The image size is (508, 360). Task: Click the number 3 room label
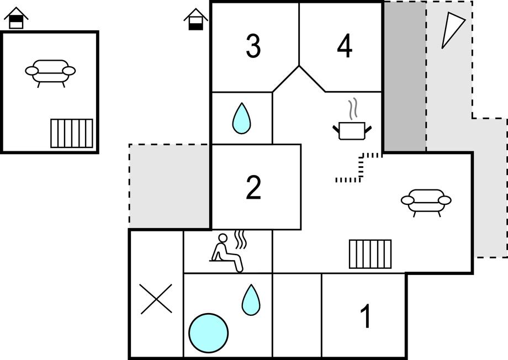point(253,46)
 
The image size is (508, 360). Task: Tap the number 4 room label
point(344,46)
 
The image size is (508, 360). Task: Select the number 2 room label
point(253,188)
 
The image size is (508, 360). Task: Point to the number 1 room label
point(365,317)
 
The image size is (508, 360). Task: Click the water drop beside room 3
point(240,119)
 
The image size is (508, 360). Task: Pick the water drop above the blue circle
point(250,300)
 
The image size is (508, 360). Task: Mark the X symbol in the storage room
point(156,299)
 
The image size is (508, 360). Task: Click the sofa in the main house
point(426,200)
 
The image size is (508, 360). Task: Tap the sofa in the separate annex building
point(50,71)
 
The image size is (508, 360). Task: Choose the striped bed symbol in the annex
point(72,133)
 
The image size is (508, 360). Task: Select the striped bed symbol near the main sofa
point(370,254)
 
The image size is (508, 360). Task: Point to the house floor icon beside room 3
point(195,20)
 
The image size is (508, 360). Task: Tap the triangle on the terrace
point(453,29)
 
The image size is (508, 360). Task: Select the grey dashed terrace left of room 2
point(169,187)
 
